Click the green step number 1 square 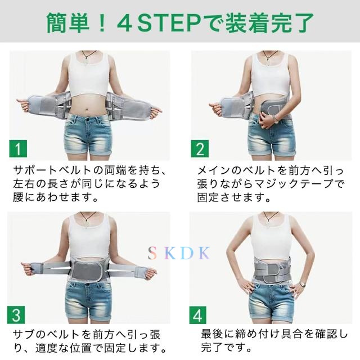tap(18, 148)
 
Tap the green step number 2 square tap(200, 148)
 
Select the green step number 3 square tap(16, 315)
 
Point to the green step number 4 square tap(198, 315)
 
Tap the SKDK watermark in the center tap(179, 253)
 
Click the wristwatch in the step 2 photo tap(276, 119)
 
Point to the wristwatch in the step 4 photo tap(303, 284)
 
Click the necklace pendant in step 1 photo tap(86, 61)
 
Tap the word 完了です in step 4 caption tap(224, 348)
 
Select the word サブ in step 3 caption tap(25, 335)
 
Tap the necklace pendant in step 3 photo tap(86, 223)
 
